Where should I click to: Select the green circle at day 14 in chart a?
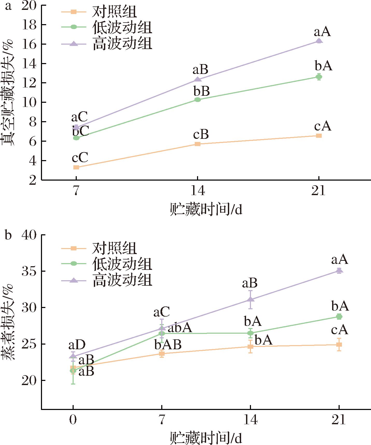198,100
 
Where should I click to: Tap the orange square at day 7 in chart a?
76,167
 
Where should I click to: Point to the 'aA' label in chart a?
322,32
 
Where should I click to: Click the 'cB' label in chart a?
201,135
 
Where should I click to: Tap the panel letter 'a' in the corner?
8,6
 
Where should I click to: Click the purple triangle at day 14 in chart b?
250,300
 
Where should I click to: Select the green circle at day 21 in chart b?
339,317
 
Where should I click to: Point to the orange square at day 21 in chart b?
339,345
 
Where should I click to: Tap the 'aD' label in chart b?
77,345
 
